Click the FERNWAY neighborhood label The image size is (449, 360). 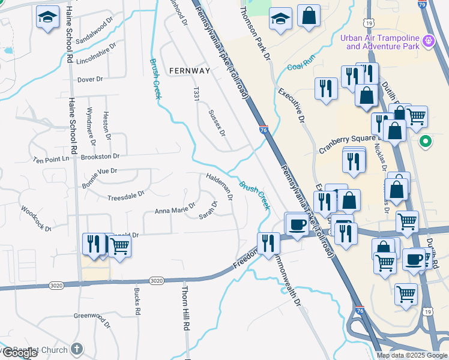point(190,71)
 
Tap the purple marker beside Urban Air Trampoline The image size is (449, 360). point(429,41)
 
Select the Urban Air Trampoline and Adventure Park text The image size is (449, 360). point(379,42)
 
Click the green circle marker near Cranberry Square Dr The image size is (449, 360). point(426,142)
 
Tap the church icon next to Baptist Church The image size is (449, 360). point(76,349)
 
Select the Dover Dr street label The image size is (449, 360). point(91,79)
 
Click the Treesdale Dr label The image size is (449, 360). point(125,196)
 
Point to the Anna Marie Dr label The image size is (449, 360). point(175,209)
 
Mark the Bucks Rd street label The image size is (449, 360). point(137,301)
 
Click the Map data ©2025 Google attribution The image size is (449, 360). point(412,355)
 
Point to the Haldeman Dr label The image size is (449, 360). point(219,187)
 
